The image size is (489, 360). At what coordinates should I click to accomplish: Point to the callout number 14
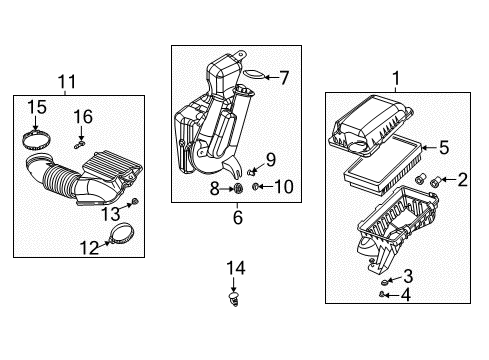[x=237, y=267]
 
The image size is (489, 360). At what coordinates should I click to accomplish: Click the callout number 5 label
[x=444, y=147]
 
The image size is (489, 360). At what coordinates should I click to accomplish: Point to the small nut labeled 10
[x=257, y=186]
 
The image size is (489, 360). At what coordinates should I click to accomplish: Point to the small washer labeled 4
[x=383, y=294]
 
